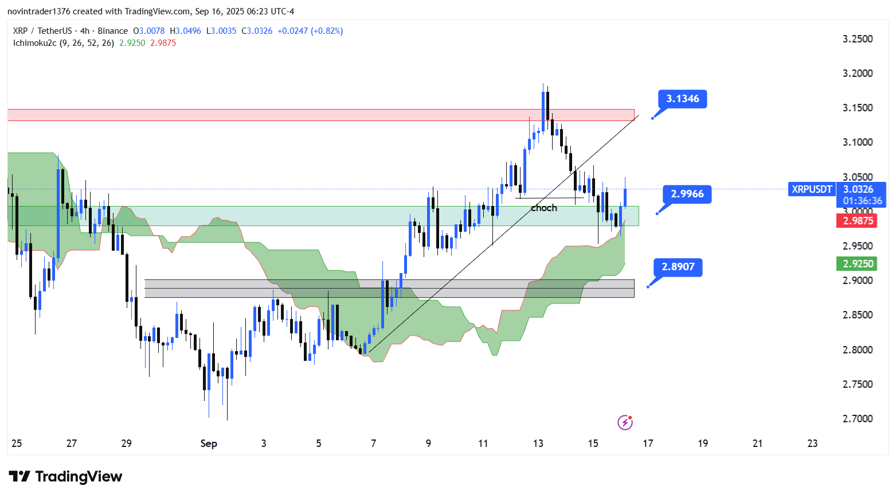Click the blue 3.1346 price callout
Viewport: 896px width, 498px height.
(682, 99)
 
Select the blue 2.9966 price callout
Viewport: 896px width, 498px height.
(687, 194)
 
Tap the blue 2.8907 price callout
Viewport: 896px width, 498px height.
(678, 267)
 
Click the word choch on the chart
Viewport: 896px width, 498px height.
(543, 208)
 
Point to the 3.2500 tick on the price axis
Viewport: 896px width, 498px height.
(858, 39)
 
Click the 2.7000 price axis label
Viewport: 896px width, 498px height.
(858, 419)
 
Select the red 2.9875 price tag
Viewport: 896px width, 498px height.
(858, 221)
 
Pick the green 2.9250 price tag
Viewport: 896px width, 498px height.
(858, 264)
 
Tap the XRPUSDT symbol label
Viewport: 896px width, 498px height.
(812, 189)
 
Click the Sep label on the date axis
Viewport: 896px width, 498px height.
(209, 443)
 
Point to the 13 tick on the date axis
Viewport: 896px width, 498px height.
(538, 443)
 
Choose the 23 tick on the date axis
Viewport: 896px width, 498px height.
(812, 443)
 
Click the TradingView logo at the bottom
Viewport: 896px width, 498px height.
(65, 477)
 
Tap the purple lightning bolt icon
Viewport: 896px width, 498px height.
(625, 423)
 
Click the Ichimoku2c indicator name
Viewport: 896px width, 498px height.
(34, 43)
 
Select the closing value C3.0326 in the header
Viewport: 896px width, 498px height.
(257, 31)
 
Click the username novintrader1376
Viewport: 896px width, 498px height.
(38, 11)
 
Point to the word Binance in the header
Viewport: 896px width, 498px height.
(113, 31)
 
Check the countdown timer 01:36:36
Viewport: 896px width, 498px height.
(862, 201)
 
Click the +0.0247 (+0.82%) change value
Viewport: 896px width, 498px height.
(310, 31)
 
